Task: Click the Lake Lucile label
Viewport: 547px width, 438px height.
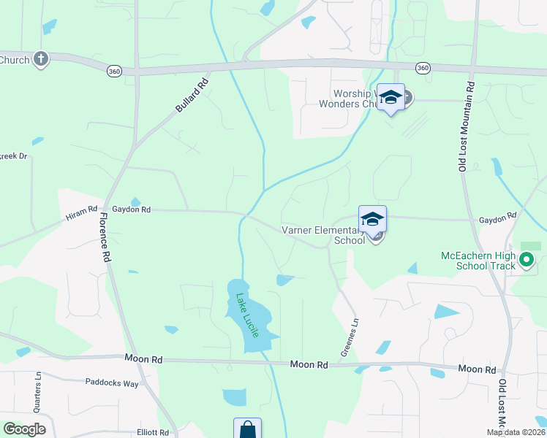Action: coord(246,315)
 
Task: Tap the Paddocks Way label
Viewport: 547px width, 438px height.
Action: coord(111,383)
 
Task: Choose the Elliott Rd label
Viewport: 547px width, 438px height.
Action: coord(153,432)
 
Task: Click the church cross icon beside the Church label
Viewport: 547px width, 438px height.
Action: coord(40,59)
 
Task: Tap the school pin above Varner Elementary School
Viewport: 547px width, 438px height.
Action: coord(372,219)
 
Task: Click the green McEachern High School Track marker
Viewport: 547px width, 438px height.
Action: coord(526,259)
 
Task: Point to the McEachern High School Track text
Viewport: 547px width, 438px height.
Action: coord(478,261)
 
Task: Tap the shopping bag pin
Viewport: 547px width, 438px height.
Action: coord(247,429)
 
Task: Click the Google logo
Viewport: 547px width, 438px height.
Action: coord(24,429)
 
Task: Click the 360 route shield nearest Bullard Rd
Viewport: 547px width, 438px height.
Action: coord(113,71)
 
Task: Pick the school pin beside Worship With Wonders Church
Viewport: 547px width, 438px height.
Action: coord(391,98)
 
